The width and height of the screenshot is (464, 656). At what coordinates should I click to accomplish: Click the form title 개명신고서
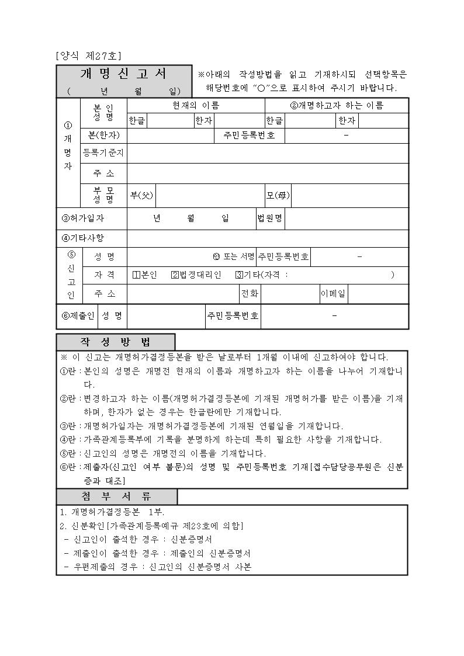[124, 74]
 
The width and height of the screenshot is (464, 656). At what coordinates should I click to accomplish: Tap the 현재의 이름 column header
[196, 105]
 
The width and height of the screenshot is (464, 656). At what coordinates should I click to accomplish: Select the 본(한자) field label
[103, 136]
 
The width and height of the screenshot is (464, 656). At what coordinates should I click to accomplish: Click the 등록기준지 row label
[103, 153]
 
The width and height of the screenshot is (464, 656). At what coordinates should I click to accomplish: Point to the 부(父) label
[141, 195]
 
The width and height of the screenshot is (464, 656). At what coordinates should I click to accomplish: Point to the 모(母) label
[278, 195]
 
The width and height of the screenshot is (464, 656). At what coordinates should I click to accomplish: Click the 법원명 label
[270, 218]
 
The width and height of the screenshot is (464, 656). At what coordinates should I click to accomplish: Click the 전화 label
[250, 293]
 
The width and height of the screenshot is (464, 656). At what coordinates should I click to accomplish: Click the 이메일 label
[333, 293]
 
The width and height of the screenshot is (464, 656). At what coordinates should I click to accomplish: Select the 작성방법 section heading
[116, 342]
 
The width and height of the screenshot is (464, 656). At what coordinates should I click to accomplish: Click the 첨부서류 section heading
[117, 497]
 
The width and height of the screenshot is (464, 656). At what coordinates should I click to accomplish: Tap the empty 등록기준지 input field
[268, 153]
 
